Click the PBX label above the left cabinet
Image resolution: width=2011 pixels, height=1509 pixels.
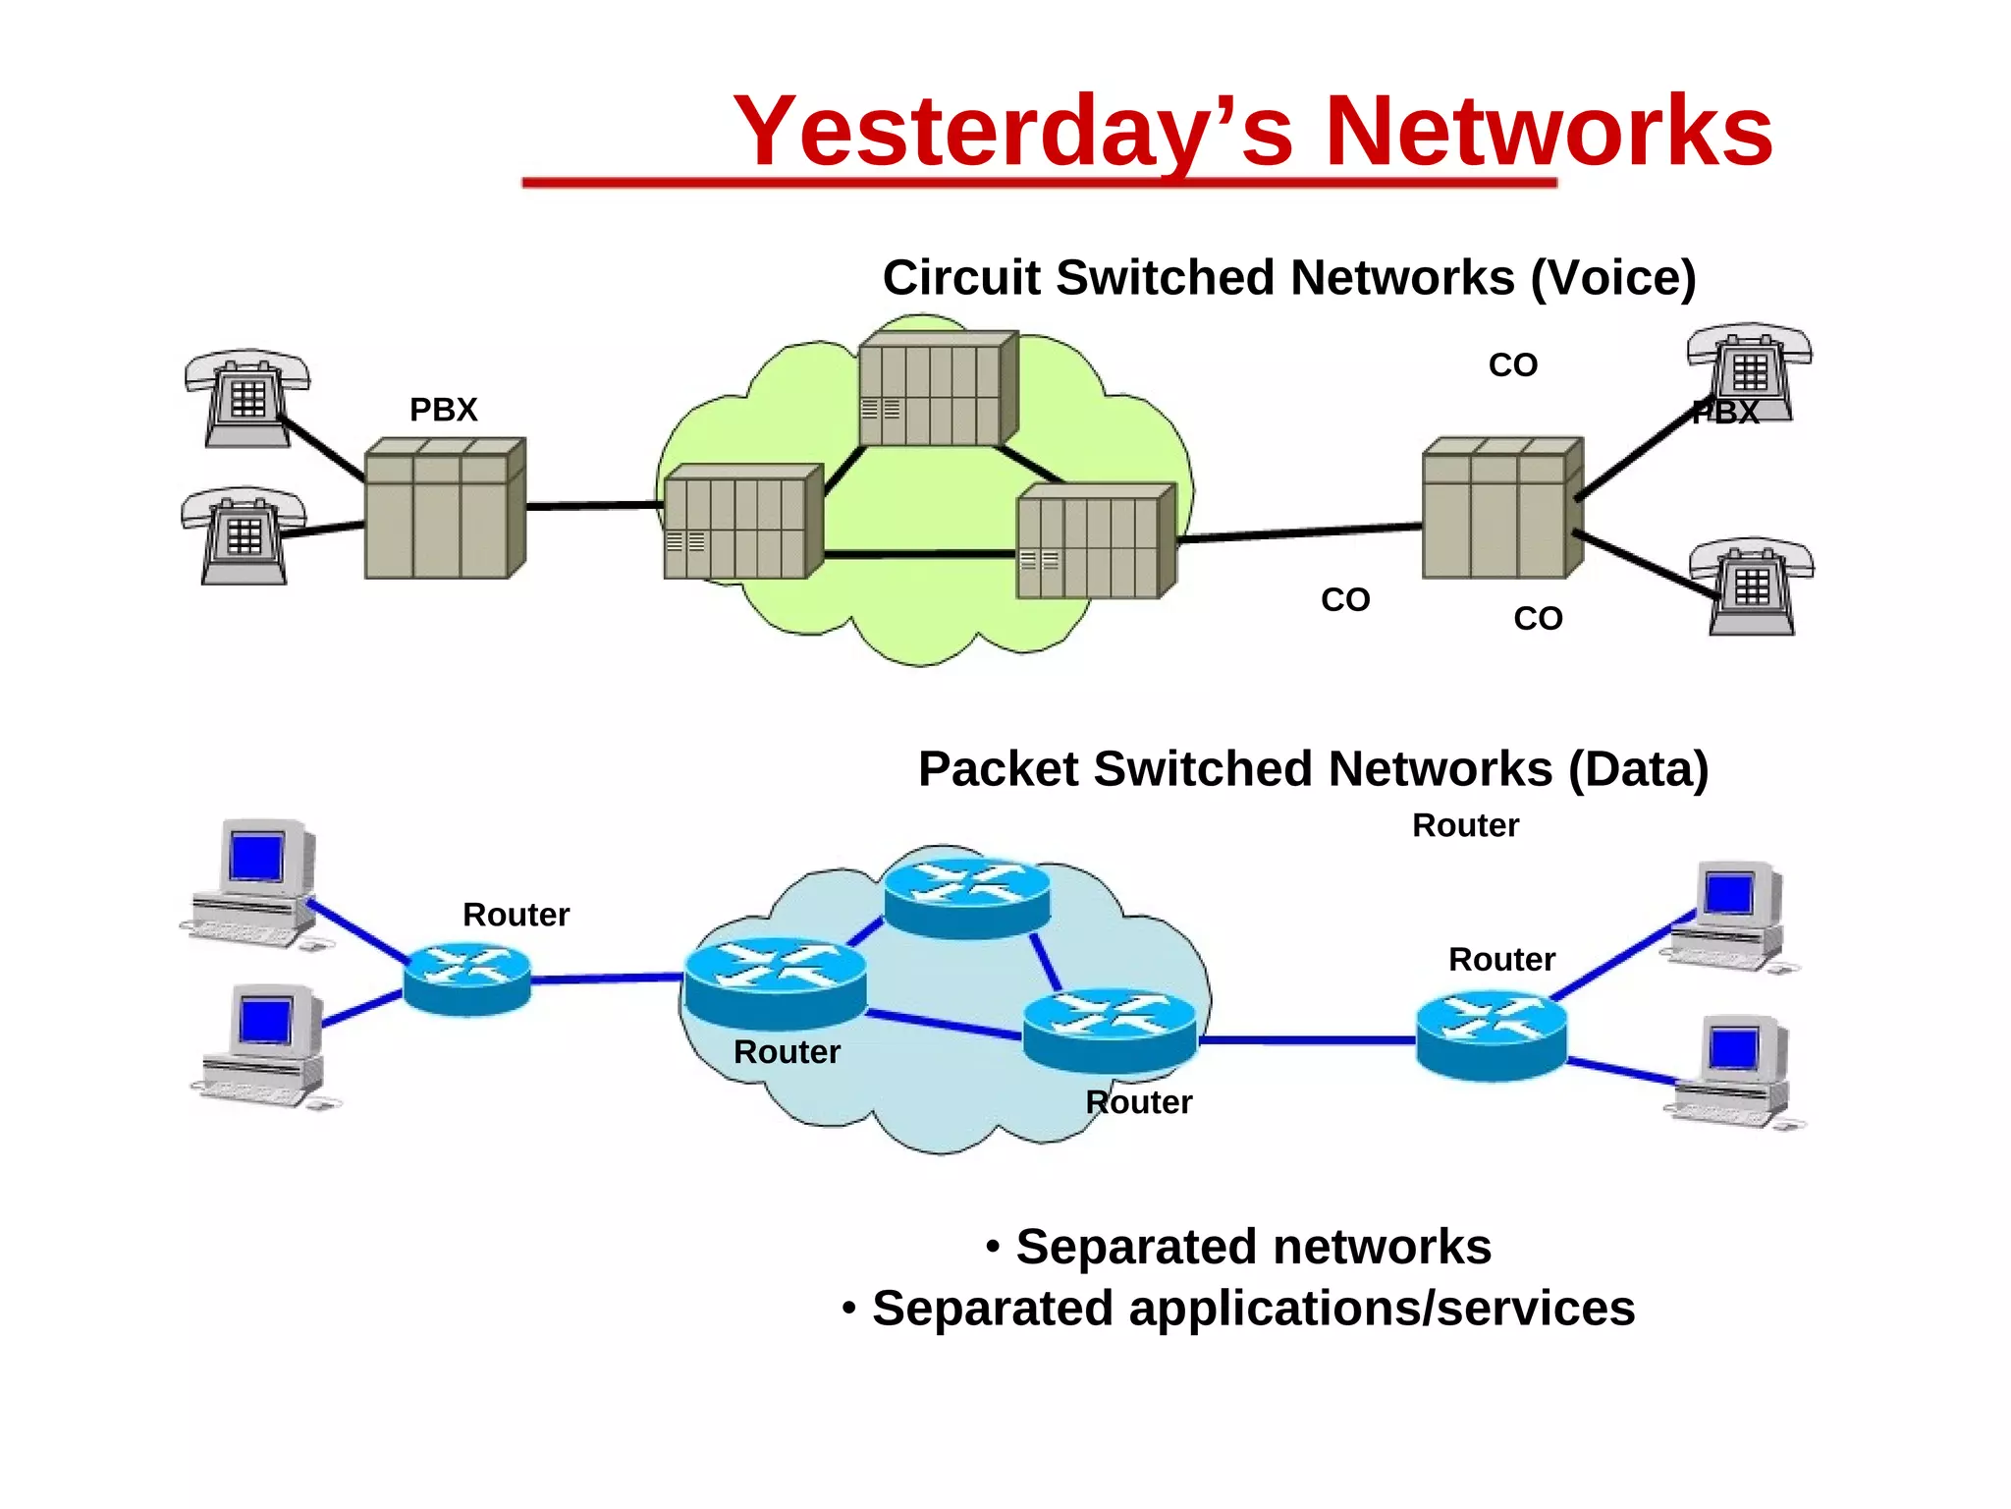click(443, 410)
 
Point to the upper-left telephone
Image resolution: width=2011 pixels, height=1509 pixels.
click(246, 398)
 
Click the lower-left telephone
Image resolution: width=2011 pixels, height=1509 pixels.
click(244, 535)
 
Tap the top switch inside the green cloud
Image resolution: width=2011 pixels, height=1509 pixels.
click(938, 389)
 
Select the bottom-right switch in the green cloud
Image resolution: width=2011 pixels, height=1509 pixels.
click(1096, 541)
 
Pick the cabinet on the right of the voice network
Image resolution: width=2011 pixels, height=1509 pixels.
click(1501, 508)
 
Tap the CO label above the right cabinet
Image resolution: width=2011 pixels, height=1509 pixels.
click(1512, 365)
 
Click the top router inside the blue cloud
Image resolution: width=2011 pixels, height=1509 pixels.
click(967, 897)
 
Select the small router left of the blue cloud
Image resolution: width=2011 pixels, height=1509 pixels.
click(467, 978)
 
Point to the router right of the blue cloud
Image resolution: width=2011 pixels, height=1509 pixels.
click(1491, 1035)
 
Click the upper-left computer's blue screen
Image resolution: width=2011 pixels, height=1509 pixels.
click(256, 857)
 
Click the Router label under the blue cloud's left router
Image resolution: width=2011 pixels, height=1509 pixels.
click(787, 1052)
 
